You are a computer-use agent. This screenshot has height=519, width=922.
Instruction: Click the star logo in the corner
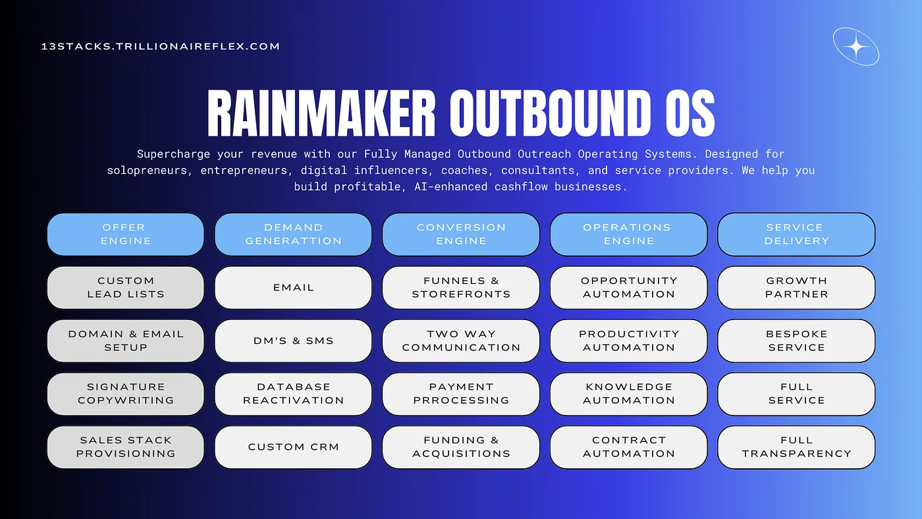856,47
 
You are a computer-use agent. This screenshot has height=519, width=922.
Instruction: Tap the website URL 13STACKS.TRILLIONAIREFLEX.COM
161,46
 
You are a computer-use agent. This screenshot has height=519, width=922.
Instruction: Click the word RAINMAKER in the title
321,113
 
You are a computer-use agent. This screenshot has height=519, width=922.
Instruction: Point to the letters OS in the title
690,113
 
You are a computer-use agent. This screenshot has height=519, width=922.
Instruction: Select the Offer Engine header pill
126,234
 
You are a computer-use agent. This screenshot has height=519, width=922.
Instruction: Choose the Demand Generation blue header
294,234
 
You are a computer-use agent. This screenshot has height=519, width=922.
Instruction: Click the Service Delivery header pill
796,234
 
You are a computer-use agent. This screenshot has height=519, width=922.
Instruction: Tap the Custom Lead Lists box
126,287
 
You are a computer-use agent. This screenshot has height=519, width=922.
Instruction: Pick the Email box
294,287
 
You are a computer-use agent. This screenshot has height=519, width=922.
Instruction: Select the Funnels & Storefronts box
461,287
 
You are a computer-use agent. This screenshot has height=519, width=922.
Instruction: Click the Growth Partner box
796,287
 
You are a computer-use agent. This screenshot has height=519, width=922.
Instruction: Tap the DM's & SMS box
294,341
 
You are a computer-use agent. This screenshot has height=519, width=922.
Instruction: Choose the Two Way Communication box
461,341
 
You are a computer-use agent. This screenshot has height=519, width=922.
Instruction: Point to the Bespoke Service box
796,341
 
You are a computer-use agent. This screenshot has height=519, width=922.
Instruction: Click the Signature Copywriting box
126,394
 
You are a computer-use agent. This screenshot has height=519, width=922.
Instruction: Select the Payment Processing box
461,394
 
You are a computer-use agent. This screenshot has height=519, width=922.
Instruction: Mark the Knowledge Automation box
629,394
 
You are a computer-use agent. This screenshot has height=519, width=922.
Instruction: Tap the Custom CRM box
294,447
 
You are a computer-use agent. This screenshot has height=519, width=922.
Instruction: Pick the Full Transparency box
796,447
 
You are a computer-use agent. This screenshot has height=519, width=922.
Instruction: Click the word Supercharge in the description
173,154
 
